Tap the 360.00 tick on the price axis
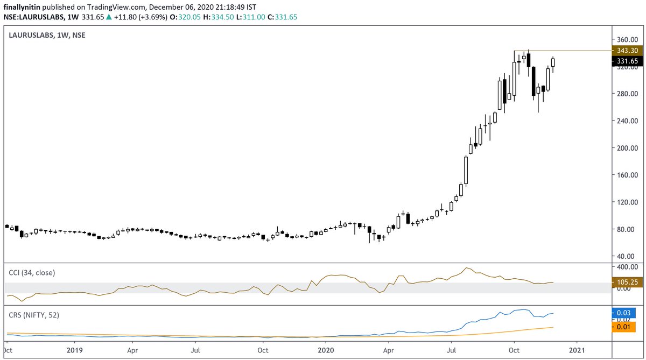627,40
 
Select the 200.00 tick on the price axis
627,148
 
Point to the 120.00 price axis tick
627,202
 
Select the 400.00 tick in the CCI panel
627,267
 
